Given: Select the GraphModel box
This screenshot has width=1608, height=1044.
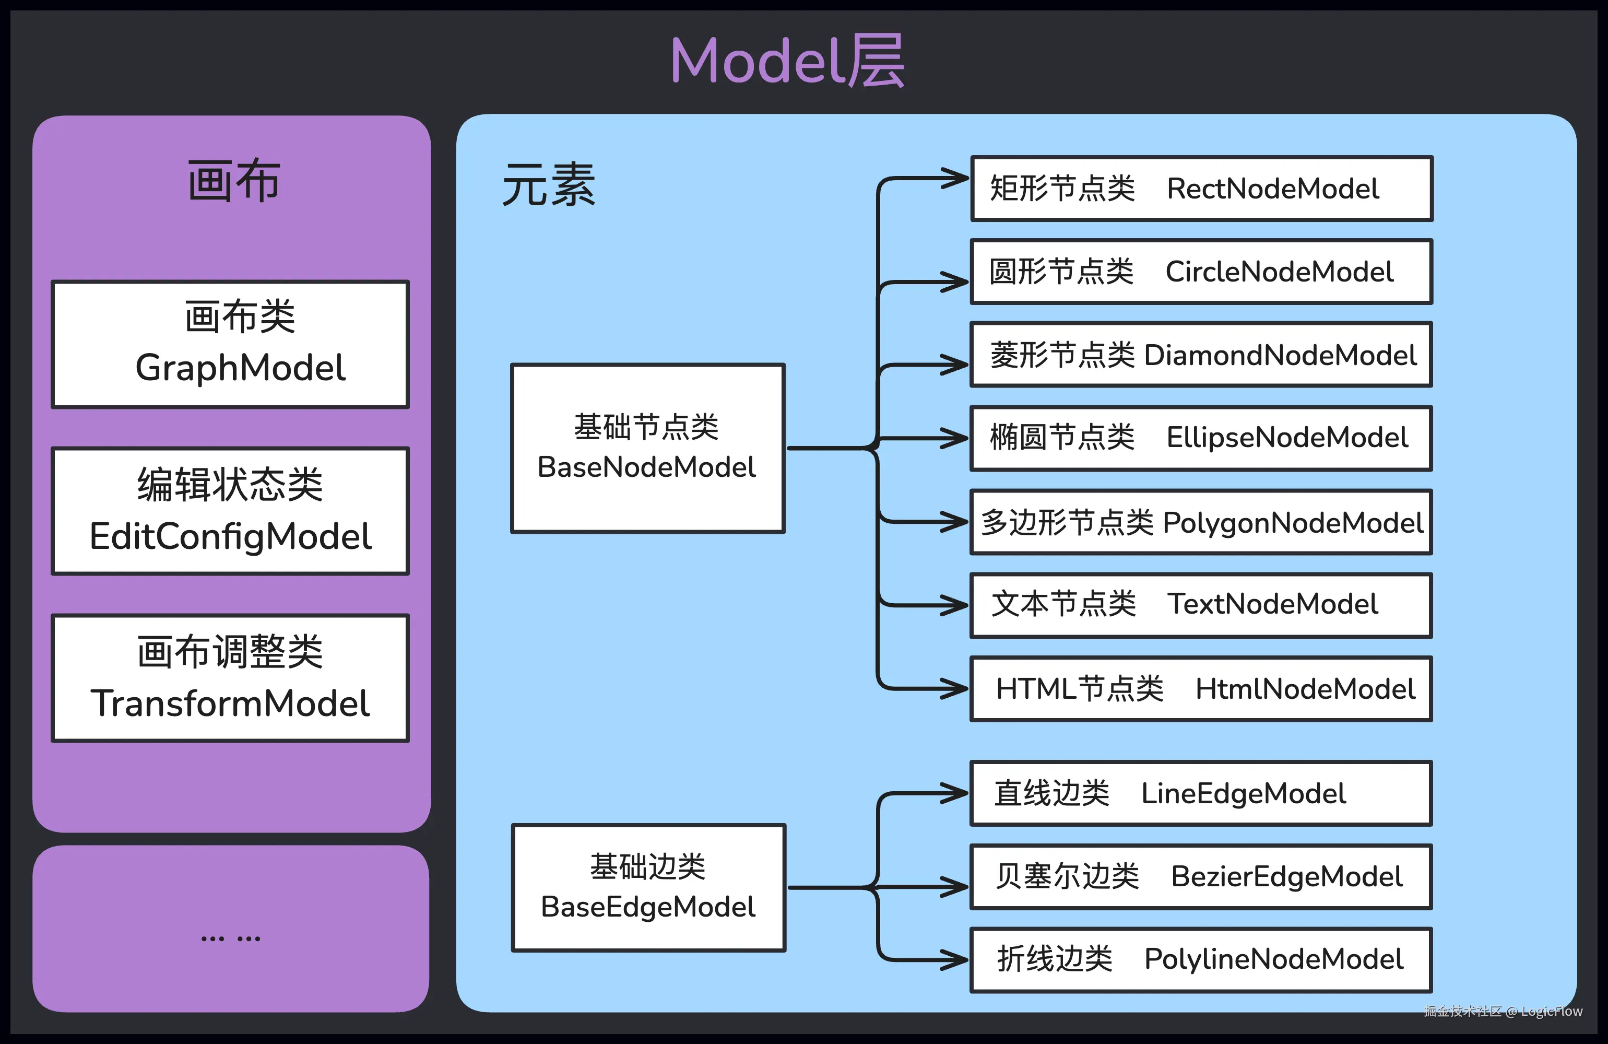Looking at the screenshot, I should pyautogui.click(x=230, y=345).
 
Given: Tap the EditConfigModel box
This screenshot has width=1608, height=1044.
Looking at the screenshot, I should pyautogui.click(x=230, y=511).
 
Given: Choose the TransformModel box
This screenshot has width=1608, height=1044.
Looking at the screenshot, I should pyautogui.click(x=230, y=678).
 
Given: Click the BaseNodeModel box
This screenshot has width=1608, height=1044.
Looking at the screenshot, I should pyautogui.click(x=647, y=448).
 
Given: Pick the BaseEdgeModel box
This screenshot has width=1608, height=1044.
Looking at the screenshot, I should pyautogui.click(x=648, y=888).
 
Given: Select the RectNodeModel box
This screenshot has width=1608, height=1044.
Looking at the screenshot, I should pyautogui.click(x=1201, y=189).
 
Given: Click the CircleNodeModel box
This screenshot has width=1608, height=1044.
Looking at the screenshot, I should pyautogui.click(x=1201, y=272).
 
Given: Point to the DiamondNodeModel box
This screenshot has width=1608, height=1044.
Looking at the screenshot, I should pyautogui.click(x=1201, y=355).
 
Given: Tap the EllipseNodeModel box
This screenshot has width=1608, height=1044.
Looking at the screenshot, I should pyautogui.click(x=1201, y=438).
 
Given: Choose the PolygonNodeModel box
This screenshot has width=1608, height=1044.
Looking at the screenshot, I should pyautogui.click(x=1201, y=522).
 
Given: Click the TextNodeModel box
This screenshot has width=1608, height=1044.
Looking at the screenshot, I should pyautogui.click(x=1201, y=605).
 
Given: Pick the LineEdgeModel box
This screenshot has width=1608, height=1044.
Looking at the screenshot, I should pyautogui.click(x=1201, y=793).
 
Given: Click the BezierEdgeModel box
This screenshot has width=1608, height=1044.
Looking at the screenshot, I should pyautogui.click(x=1201, y=876).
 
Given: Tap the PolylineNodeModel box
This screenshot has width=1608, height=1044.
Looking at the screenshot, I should pyautogui.click(x=1201, y=959).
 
